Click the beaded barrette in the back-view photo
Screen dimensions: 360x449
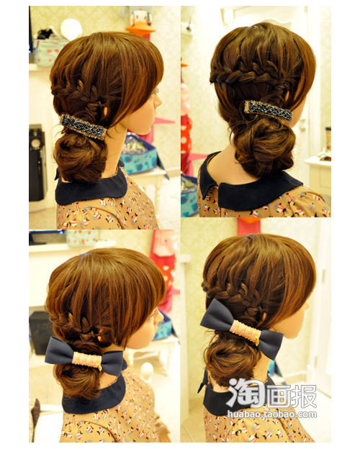coord(269,110)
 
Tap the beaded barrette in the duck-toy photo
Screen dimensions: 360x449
coord(84,127)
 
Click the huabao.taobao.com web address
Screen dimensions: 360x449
coord(272,414)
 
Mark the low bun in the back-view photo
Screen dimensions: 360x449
coord(264,146)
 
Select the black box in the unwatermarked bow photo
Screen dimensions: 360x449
coord(40,332)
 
